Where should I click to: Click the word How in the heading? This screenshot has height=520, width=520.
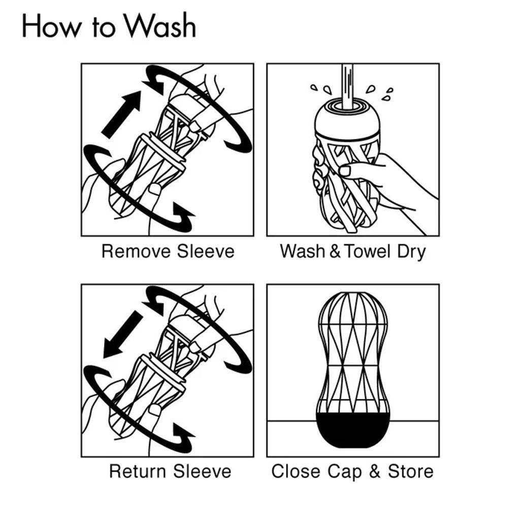pos(51,25)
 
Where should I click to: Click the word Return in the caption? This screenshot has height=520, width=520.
pos(138,471)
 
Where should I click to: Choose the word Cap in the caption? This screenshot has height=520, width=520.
pos(345,472)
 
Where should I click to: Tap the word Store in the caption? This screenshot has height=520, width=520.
pos(411,471)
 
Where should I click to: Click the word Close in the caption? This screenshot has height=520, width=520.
pos(296,471)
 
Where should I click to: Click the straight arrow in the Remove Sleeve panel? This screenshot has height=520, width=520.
pos(121,114)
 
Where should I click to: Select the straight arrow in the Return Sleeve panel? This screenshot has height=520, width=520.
pos(122,335)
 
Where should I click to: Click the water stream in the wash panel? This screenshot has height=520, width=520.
pos(347,86)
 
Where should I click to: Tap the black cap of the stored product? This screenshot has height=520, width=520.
pos(353,430)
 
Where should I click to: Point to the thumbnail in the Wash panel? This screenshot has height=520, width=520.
pos(345,171)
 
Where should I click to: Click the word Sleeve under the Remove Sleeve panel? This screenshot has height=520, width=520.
pos(206,251)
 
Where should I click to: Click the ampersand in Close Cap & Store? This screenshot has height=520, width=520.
pos(375,471)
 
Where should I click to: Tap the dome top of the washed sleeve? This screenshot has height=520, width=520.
pos(347,120)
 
